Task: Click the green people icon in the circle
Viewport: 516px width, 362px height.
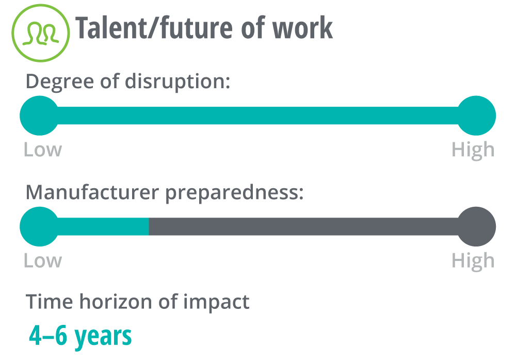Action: pos(41,33)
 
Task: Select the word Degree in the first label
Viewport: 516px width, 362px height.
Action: pos(59,82)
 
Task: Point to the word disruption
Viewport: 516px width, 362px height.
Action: pos(178,82)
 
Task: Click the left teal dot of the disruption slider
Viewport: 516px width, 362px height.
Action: pos(40,116)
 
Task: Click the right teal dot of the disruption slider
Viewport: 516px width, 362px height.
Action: pos(476,116)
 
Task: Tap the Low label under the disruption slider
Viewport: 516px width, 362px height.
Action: pos(43,150)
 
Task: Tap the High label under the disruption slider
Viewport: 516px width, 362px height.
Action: pos(473,151)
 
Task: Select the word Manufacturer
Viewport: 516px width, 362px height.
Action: pos(92,192)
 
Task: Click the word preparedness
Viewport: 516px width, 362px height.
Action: pos(234,193)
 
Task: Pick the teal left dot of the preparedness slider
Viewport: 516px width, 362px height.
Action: pos(40,226)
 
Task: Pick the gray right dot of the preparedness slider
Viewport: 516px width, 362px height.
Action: pos(476,226)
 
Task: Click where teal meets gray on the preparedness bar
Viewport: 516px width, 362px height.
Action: pos(149,226)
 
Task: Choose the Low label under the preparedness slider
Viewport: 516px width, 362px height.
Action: pos(43,261)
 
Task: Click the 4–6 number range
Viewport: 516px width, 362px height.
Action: pos(48,336)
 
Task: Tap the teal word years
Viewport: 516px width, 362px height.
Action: pos(103,337)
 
